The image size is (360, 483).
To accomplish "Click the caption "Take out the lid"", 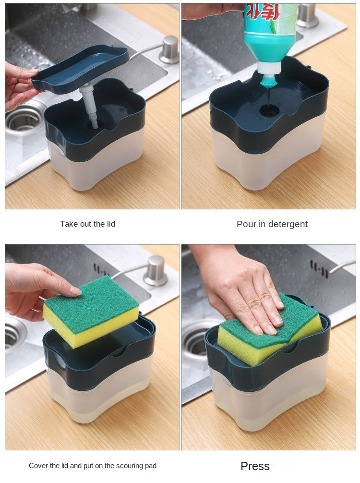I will (x=87, y=224).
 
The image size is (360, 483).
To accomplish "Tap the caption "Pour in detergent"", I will (x=272, y=224).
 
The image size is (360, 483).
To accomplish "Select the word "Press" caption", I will (x=255, y=466).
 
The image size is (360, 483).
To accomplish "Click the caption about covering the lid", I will (x=93, y=466).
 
